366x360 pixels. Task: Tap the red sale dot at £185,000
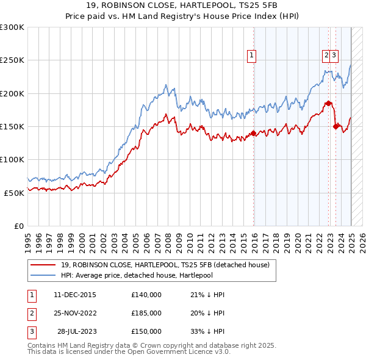tap(329, 103)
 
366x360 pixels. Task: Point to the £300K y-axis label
tap(12, 27)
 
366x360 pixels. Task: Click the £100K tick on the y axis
tap(12, 159)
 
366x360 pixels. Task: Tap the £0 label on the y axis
tap(19, 225)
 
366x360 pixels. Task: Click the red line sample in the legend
tap(43, 264)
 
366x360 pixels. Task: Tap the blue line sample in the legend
tap(43, 275)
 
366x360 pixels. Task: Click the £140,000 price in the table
tap(146, 295)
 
